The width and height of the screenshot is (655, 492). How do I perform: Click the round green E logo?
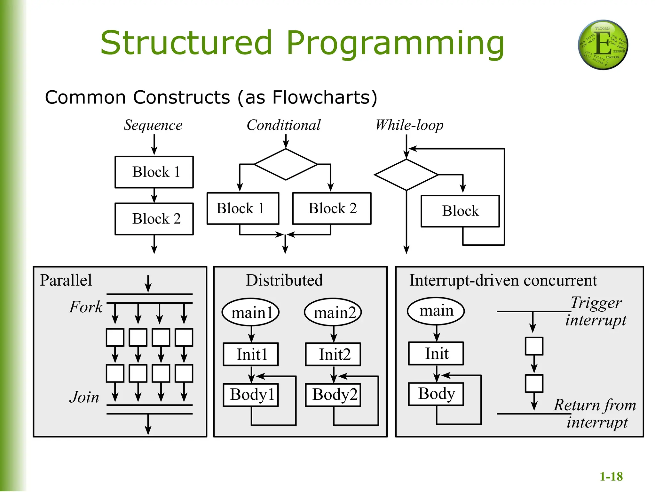click(603, 45)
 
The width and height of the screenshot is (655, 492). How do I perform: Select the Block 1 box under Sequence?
click(154, 172)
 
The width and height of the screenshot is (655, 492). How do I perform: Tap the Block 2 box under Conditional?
click(332, 209)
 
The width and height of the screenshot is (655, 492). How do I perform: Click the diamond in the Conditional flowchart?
click(286, 164)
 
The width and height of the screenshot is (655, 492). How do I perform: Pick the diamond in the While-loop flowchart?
click(406, 175)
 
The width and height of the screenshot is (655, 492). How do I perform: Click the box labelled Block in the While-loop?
click(460, 211)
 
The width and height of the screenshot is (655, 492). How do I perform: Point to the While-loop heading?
click(409, 125)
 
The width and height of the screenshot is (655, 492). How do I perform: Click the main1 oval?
click(251, 312)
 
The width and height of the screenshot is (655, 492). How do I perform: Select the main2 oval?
click(333, 312)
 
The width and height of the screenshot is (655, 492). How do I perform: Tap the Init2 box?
click(333, 354)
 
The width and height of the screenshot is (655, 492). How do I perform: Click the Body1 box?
click(251, 395)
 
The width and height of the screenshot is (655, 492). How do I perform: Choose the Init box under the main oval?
click(436, 354)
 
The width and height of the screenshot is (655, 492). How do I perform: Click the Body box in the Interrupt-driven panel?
click(436, 394)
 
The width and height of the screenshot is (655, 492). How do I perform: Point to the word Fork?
click(86, 307)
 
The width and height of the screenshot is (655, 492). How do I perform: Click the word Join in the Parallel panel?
click(84, 397)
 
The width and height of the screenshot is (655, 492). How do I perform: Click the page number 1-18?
click(611, 477)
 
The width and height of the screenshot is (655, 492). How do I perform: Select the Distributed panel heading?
click(284, 280)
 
